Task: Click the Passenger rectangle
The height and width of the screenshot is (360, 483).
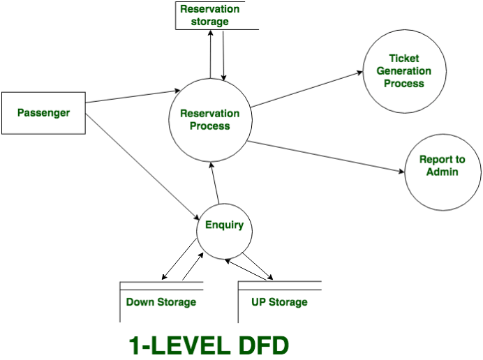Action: [43, 112]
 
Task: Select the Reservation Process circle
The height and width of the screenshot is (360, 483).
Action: [209, 120]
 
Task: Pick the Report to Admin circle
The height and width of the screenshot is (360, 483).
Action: [442, 166]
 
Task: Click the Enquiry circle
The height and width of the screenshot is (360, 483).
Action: [224, 225]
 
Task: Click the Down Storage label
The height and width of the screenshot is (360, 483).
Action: [161, 302]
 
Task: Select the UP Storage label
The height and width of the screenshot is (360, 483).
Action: [278, 302]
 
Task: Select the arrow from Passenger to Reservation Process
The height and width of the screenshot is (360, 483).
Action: [133, 96]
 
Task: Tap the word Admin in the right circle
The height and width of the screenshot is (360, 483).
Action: [442, 172]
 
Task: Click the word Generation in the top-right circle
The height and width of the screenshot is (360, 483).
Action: [403, 71]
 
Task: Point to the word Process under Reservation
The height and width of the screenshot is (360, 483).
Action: [209, 126]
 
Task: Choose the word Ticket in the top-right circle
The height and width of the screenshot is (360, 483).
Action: [403, 59]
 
